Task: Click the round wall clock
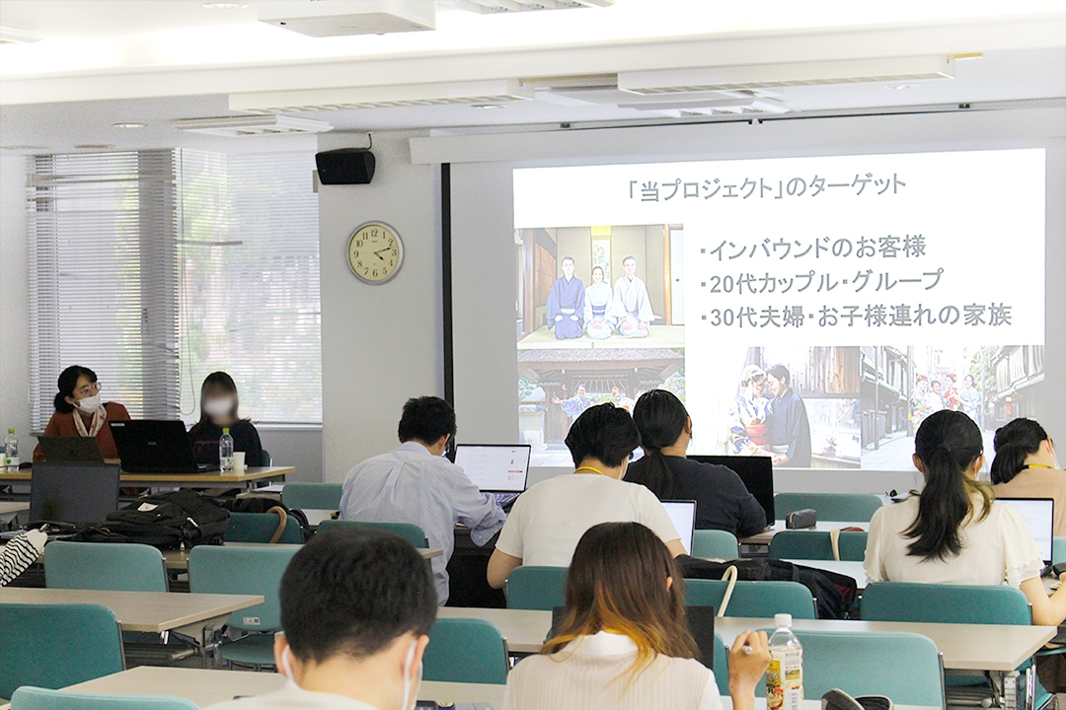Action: (375, 252)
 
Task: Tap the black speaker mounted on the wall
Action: (345, 167)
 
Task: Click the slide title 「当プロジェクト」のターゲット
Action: (767, 187)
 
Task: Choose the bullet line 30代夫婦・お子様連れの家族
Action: (856, 316)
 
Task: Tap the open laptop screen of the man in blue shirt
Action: (493, 467)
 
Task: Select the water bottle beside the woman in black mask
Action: (226, 450)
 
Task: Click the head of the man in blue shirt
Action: (427, 422)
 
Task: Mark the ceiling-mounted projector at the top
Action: (347, 16)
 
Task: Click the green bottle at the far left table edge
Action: (11, 448)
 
